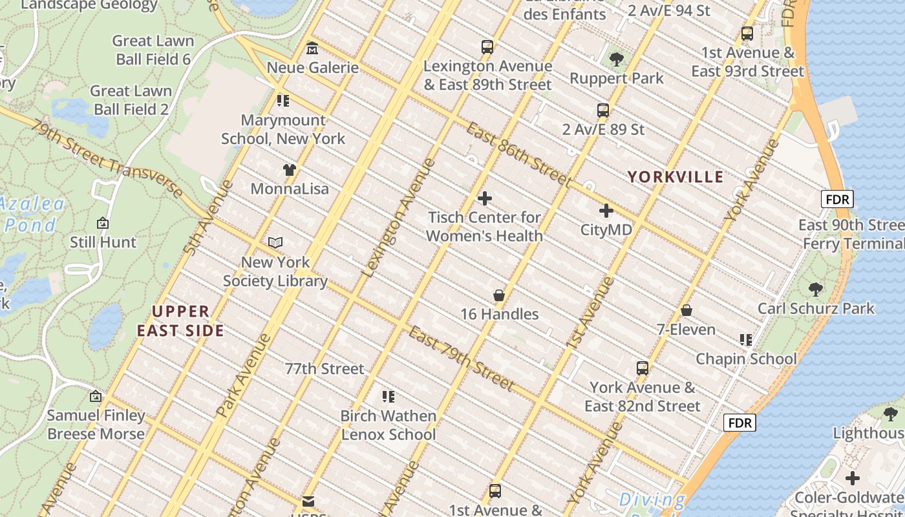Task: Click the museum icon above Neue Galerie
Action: (x=312, y=48)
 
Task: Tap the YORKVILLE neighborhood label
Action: (x=676, y=176)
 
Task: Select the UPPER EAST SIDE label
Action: (x=180, y=321)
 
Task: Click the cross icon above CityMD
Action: (x=606, y=211)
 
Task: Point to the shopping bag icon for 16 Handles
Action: (x=499, y=295)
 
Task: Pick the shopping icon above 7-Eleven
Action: (x=687, y=311)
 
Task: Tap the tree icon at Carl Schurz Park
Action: (x=816, y=289)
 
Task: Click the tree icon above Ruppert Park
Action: (x=617, y=59)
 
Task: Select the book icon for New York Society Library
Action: (x=275, y=243)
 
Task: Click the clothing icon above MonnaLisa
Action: (x=290, y=170)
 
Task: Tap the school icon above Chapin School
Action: (x=746, y=340)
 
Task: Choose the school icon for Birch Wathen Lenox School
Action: (x=388, y=397)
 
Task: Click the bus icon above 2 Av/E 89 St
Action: (x=603, y=111)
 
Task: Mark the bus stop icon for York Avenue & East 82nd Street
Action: (x=643, y=368)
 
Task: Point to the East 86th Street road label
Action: (x=518, y=154)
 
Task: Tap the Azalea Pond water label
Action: (x=32, y=215)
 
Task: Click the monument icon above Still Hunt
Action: (x=103, y=224)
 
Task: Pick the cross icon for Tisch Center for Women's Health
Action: (x=485, y=198)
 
